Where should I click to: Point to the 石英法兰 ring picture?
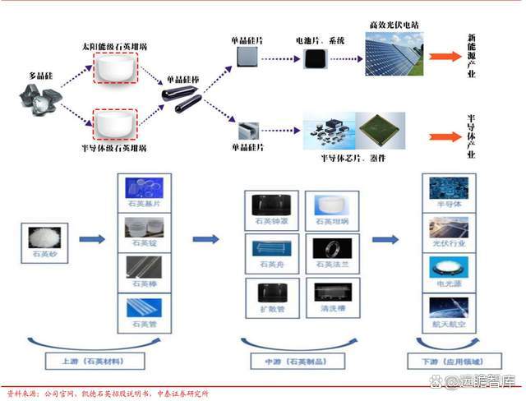tap(330, 247)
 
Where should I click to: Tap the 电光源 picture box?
tap(449, 268)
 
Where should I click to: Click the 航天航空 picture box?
tap(449, 310)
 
